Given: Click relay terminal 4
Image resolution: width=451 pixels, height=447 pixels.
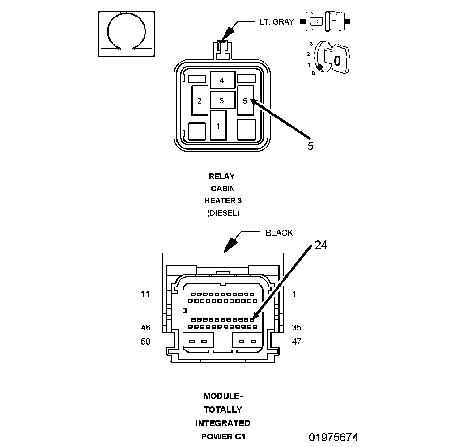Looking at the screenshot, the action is [223, 80].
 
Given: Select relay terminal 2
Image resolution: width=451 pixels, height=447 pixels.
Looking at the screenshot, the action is [200, 101].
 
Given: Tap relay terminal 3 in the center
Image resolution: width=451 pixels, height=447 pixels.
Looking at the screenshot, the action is [223, 100].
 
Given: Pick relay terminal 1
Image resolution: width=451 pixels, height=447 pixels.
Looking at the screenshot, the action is [218, 126].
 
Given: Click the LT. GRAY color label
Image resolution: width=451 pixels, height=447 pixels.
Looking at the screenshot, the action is [277, 22].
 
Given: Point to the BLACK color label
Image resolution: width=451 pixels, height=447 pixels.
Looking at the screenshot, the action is [279, 233].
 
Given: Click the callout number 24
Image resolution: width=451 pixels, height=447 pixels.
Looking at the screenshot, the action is [321, 245].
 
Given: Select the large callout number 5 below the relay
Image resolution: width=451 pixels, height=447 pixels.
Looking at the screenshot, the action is [310, 146].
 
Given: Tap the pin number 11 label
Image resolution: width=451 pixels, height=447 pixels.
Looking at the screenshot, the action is [145, 294].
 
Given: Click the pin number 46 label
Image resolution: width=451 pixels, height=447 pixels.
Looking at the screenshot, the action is [145, 328].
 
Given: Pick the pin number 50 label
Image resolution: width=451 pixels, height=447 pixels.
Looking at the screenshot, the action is [145, 342].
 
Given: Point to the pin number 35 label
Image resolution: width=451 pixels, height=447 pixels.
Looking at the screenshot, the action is [297, 328].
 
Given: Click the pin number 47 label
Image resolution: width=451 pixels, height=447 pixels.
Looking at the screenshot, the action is [297, 342].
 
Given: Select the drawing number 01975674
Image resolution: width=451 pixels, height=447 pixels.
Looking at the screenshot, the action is [333, 438].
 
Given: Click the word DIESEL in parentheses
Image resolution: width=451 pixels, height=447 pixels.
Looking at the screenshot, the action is [223, 213].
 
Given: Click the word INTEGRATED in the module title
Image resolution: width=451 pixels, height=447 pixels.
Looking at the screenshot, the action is [223, 423].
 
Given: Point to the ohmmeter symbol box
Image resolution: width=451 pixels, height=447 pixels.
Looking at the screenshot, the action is [127, 34].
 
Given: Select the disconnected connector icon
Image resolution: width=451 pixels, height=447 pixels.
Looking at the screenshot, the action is [325, 21].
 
